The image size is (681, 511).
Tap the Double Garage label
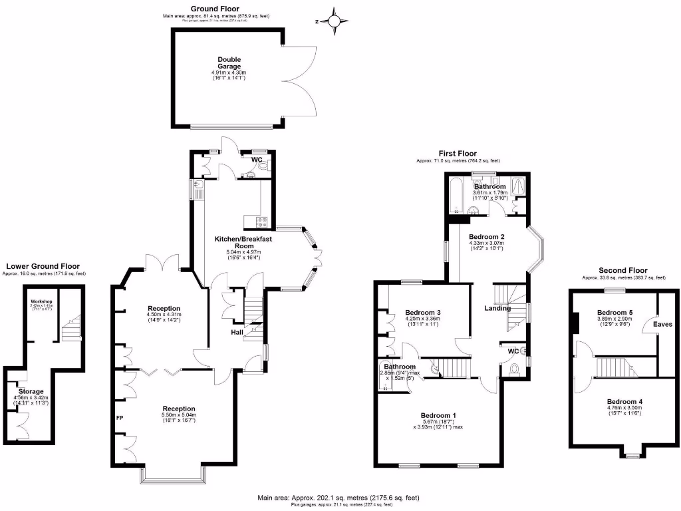pyautogui.click(x=228, y=63)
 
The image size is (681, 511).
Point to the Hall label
pyautogui.click(x=237, y=332)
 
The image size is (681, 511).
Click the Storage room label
pyautogui.click(x=31, y=391)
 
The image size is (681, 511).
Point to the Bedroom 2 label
pyautogui.click(x=487, y=237)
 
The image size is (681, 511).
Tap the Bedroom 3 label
pyautogui.click(x=423, y=312)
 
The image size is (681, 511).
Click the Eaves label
pyautogui.click(x=662, y=325)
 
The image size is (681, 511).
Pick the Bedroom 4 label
pyautogui.click(x=624, y=402)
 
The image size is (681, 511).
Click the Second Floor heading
pyautogui.click(x=622, y=270)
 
